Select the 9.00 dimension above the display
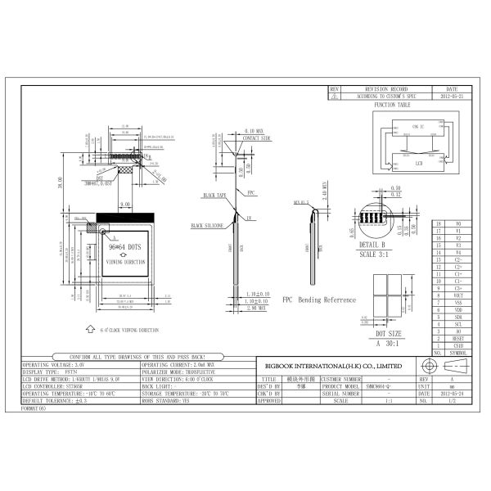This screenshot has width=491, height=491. (x=126, y=204)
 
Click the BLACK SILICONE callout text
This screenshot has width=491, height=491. (x=208, y=223)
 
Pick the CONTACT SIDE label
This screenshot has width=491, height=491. (x=256, y=138)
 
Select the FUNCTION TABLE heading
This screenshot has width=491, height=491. (x=392, y=106)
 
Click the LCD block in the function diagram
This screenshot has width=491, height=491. (x=418, y=163)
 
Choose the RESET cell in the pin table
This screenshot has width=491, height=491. (x=457, y=336)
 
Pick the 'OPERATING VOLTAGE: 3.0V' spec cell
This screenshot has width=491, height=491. (x=50, y=364)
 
